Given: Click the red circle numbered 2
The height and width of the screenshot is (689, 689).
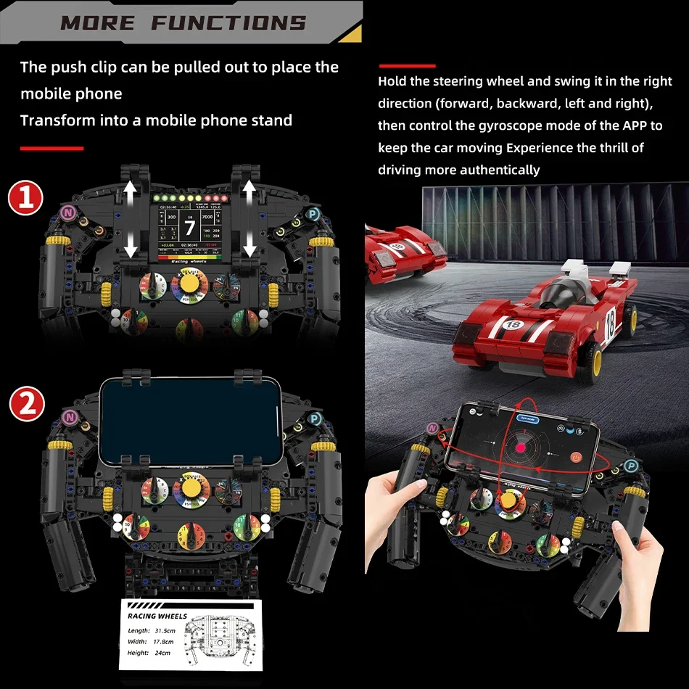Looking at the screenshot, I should (x=26, y=404).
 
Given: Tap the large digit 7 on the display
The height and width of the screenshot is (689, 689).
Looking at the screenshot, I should (x=189, y=228).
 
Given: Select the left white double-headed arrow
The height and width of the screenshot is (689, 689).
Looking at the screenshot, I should (x=131, y=220).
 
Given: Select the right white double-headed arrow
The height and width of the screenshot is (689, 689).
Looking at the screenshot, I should (x=249, y=220).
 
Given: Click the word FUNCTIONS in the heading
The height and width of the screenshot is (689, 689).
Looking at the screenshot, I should (x=228, y=22).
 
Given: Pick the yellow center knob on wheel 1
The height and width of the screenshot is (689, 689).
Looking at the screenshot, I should (x=189, y=281).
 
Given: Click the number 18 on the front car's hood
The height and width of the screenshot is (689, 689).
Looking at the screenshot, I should (x=513, y=324).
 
